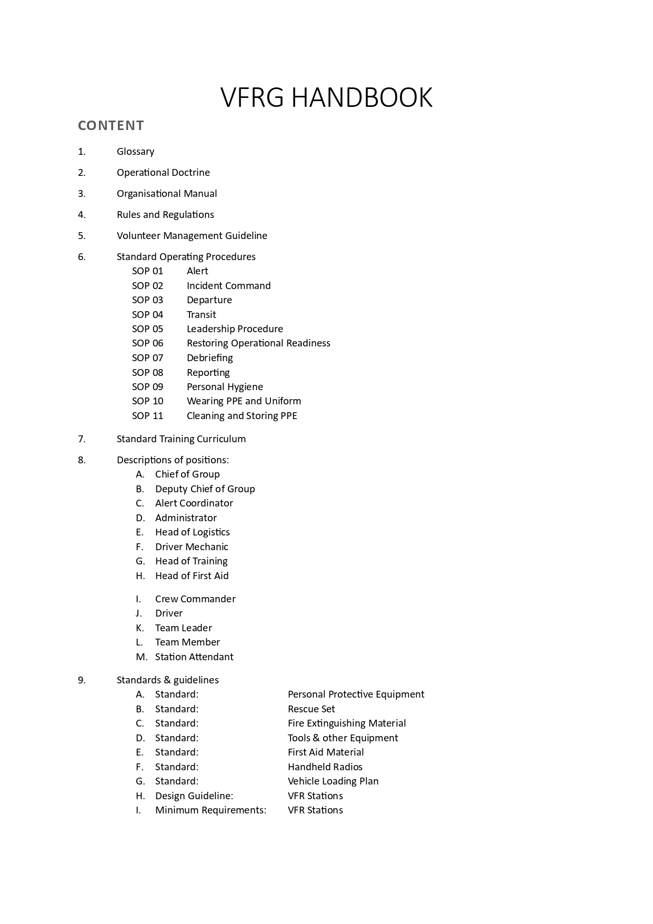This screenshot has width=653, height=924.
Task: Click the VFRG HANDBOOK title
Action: tap(326, 98)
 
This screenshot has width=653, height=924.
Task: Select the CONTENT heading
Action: tap(111, 126)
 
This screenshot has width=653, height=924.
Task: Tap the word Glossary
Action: tap(135, 152)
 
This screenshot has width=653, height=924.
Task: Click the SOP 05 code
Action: tap(147, 329)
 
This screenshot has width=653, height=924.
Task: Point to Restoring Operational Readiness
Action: tap(258, 343)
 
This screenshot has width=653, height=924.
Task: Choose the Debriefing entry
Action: tap(209, 358)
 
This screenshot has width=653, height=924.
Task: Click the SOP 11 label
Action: tap(147, 416)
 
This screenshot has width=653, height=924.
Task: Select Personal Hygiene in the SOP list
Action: tap(225, 387)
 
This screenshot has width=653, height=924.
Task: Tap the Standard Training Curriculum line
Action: tap(181, 439)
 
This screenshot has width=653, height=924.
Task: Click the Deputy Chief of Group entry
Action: tap(205, 489)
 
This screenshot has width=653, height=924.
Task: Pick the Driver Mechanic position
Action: tap(192, 547)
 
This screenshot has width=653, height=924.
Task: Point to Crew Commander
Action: tap(195, 599)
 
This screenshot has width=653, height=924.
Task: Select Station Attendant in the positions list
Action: tap(194, 657)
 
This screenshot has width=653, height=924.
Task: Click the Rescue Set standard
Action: tap(311, 709)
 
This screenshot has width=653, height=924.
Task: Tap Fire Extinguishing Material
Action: tap(347, 723)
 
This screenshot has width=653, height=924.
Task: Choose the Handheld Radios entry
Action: tap(325, 767)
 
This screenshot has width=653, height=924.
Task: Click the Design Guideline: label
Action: tap(194, 796)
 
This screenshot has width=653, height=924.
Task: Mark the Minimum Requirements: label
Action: tap(210, 810)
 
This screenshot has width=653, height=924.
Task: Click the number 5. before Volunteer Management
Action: tap(82, 236)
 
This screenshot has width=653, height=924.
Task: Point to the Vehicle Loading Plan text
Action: tap(333, 781)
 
